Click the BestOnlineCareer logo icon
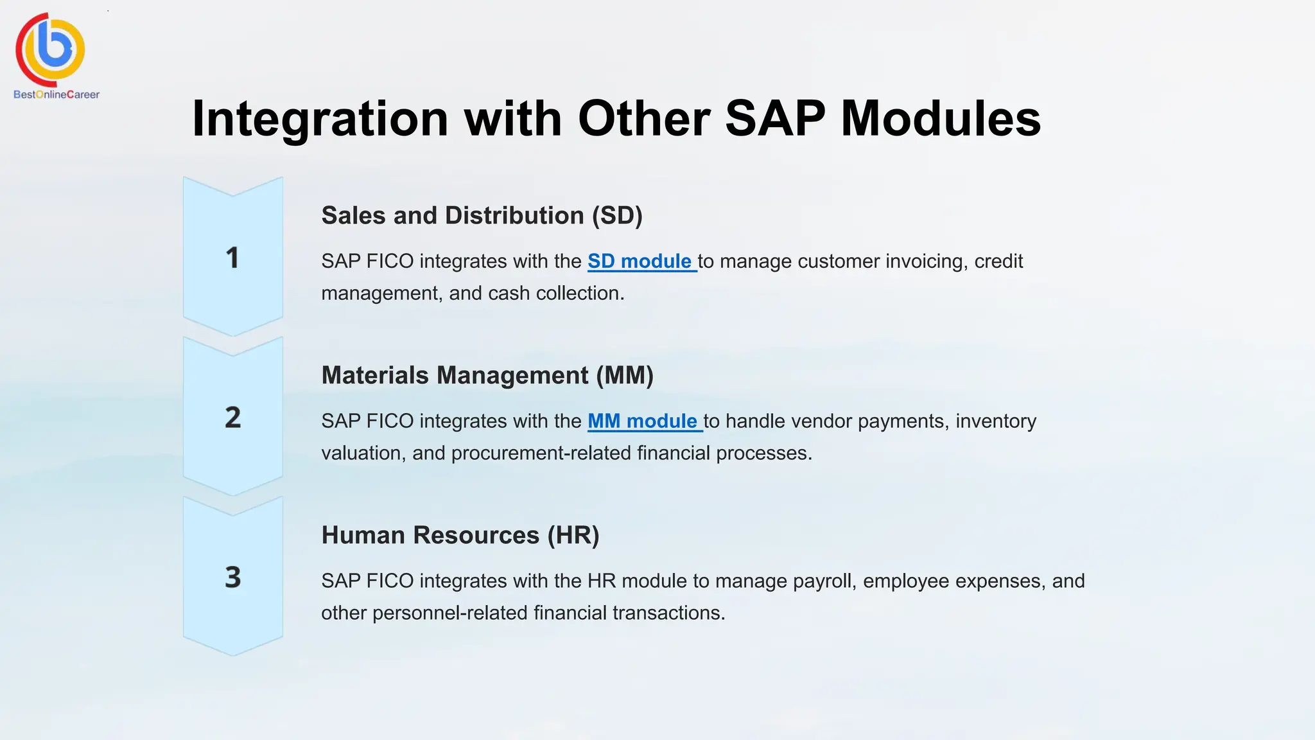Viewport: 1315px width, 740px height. pos(51,49)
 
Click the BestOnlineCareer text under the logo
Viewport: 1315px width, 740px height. pos(57,94)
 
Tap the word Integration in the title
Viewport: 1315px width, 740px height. pos(320,119)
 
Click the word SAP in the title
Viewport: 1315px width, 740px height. pos(774,119)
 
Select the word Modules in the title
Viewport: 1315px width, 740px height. pos(941,119)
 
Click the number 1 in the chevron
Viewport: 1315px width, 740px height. pos(232,258)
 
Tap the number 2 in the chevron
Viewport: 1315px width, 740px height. pos(232,418)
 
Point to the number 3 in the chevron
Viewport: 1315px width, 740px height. pos(232,577)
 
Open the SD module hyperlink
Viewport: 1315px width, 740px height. pos(640,261)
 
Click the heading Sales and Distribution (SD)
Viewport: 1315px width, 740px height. pos(482,216)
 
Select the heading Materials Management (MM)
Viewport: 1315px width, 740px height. pos(487,376)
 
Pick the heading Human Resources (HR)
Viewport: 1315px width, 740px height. pos(460,536)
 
